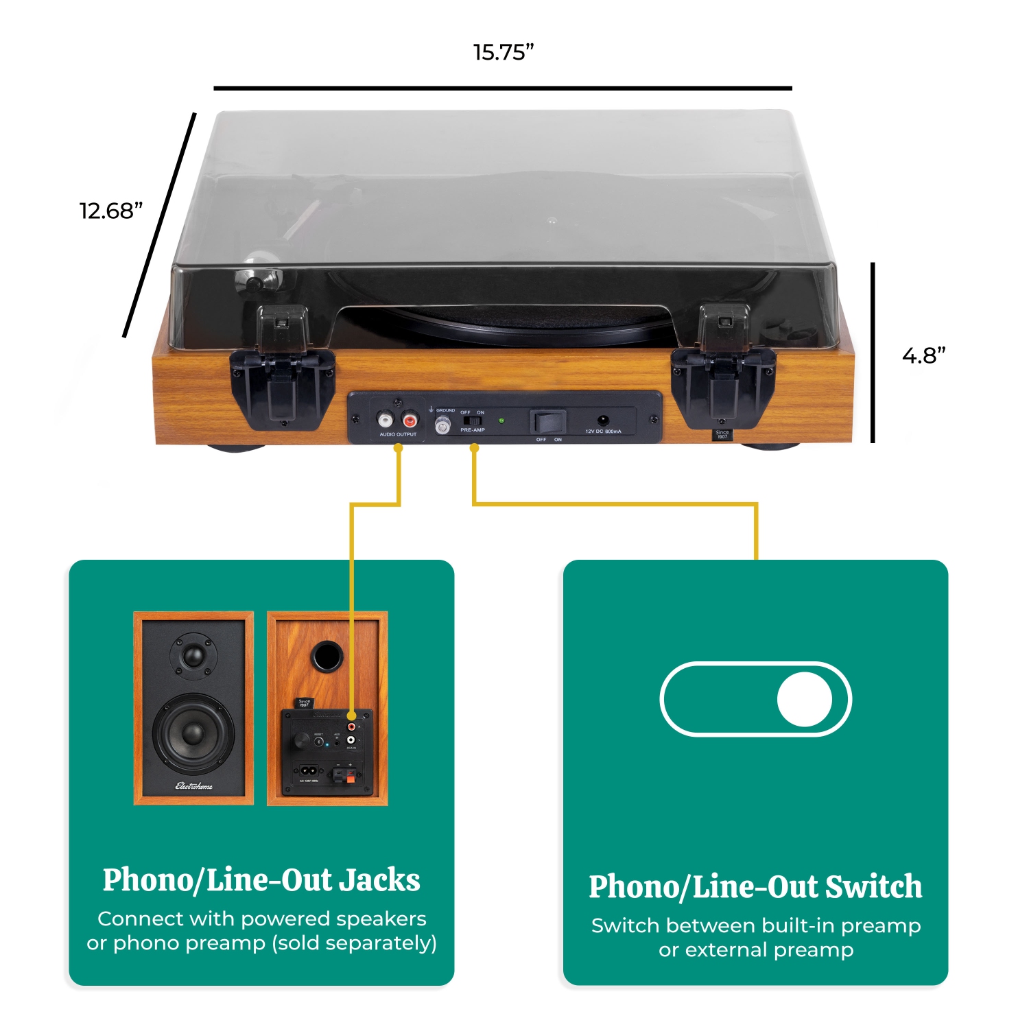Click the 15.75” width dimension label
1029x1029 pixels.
click(503, 52)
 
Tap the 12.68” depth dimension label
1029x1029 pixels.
click(110, 211)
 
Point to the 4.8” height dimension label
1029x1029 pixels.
click(923, 355)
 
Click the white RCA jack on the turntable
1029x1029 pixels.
click(386, 420)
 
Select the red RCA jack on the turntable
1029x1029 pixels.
click(410, 420)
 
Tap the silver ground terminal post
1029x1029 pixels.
click(443, 427)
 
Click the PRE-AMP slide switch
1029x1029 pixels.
click(472, 420)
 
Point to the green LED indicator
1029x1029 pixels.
click(501, 421)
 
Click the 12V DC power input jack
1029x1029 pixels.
click(603, 421)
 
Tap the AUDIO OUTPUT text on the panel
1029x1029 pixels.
click(398, 434)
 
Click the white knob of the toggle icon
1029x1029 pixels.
click(804, 699)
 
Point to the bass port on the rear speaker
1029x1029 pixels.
click(327, 657)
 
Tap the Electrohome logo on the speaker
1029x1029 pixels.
click(194, 786)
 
